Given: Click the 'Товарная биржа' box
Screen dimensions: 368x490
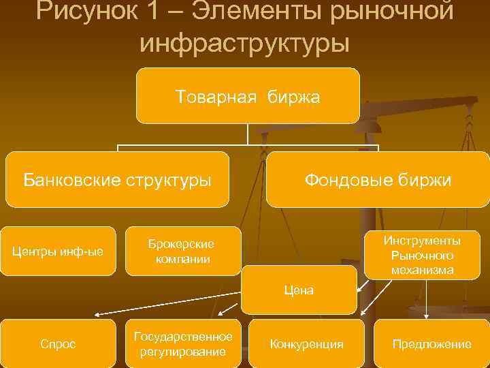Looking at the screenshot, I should [247, 95].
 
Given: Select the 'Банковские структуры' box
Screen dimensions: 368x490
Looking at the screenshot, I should [117, 179].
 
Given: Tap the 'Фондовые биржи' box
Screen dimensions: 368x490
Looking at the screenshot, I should [377, 179].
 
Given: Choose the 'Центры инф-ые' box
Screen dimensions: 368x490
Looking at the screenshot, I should [59, 251].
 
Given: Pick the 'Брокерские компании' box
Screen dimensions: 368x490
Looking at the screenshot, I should [182, 251].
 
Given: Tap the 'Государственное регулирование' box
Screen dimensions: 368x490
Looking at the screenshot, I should [183, 343].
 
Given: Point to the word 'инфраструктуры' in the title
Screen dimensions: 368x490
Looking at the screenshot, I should [245, 42].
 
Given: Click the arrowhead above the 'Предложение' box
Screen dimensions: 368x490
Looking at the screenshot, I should [426, 315].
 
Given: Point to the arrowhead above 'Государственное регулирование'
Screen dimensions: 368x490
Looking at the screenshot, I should [214, 314].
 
